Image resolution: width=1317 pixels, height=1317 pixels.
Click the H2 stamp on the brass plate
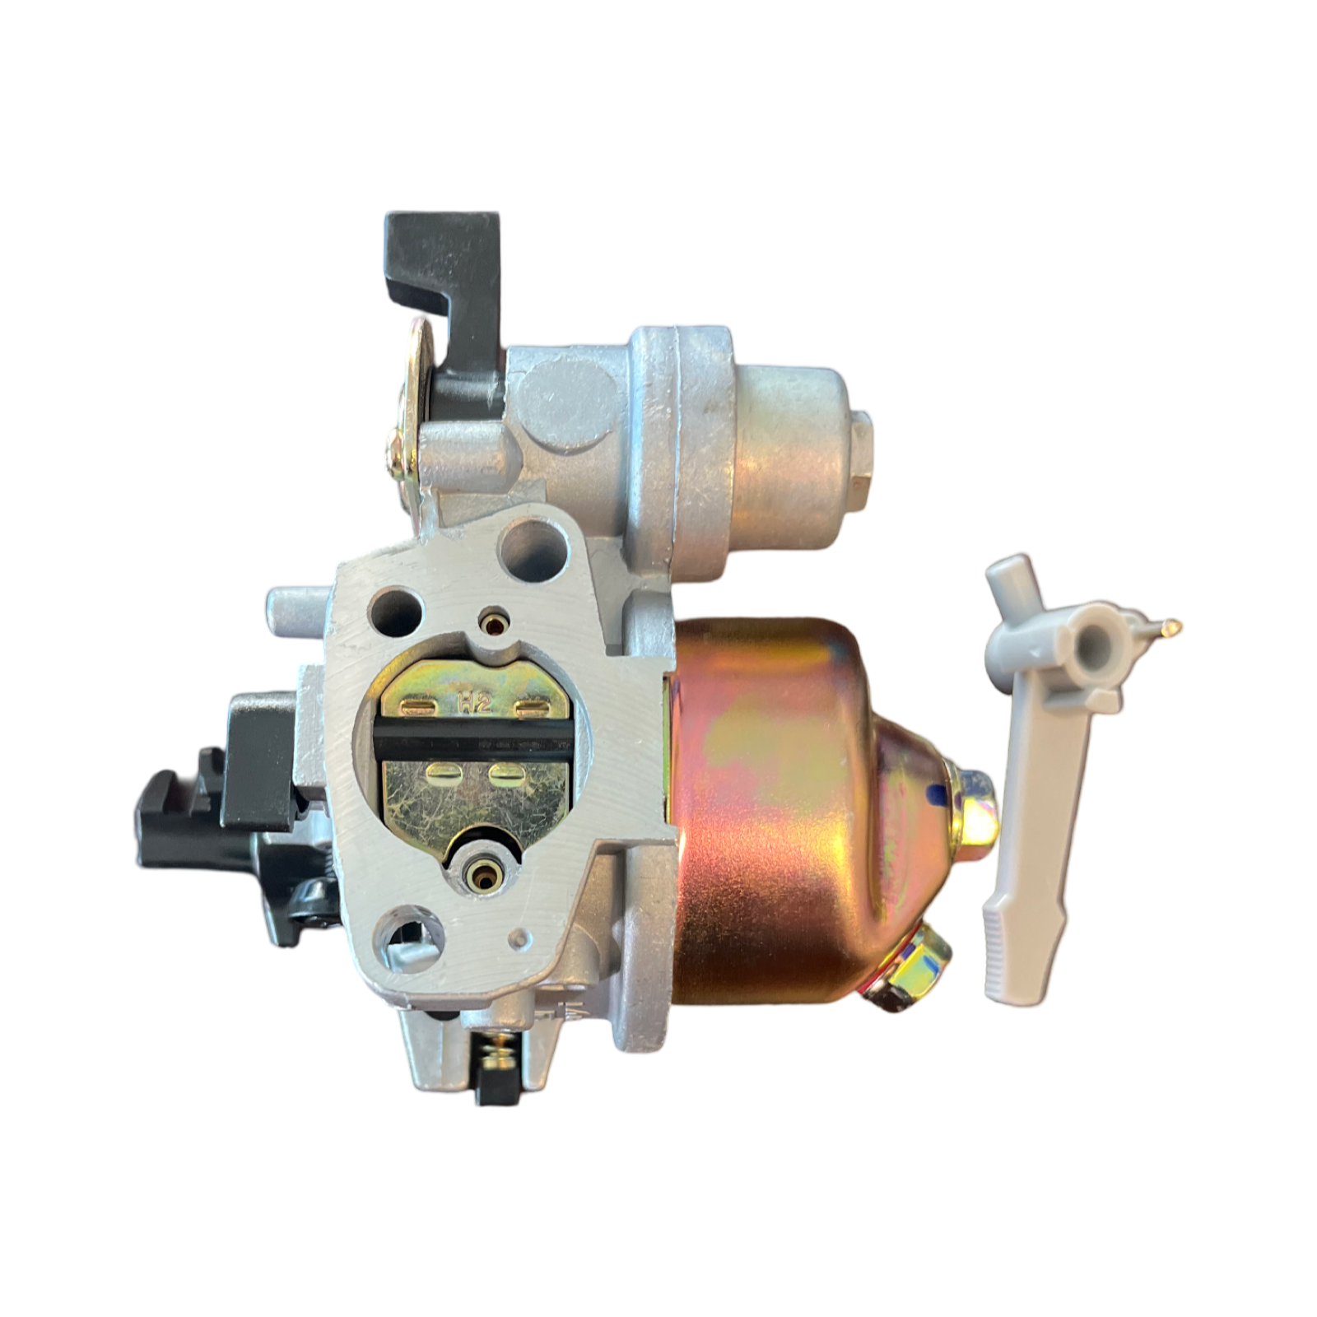pyautogui.click(x=475, y=702)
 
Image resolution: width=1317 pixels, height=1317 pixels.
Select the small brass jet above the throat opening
pyautogui.click(x=493, y=623)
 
